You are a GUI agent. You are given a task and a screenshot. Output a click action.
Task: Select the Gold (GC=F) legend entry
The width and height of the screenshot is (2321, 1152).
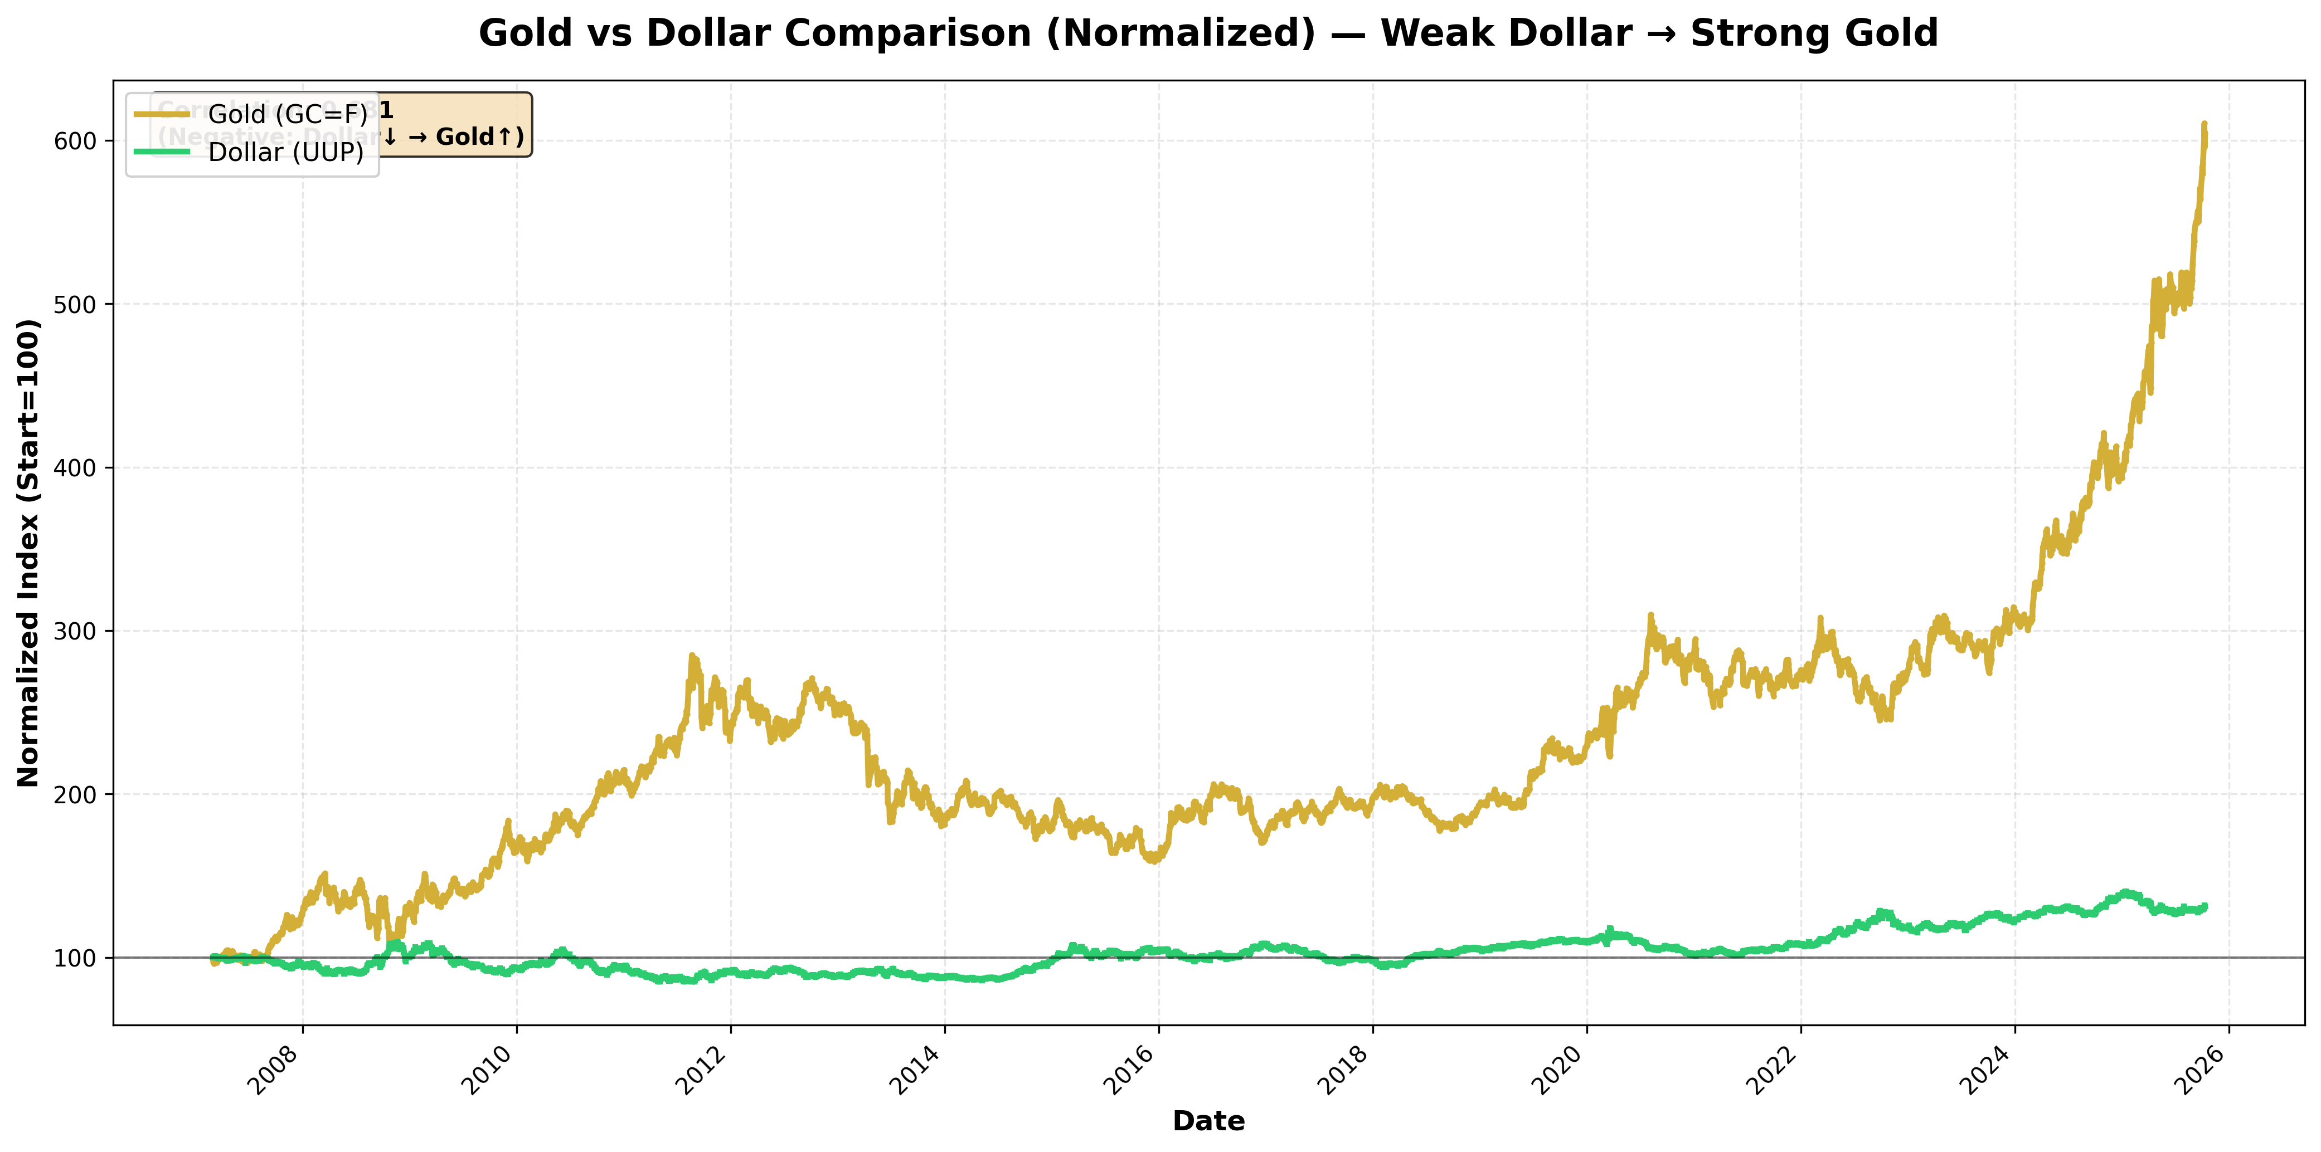click(287, 114)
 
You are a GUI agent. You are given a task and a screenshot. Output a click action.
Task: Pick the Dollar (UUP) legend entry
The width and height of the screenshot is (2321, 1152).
click(285, 152)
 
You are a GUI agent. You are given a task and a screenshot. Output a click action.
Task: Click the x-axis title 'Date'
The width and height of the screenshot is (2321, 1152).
click(1208, 1121)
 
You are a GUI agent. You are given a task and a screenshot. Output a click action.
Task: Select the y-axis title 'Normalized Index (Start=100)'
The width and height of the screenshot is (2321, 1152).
click(29, 552)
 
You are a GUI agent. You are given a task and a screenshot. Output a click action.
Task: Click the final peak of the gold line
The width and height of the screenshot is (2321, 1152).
click(2204, 124)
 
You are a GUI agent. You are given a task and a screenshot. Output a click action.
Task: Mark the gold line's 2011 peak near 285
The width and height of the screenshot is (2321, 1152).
click(692, 657)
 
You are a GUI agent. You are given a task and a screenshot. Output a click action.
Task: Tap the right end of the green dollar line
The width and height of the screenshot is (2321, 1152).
click(2205, 907)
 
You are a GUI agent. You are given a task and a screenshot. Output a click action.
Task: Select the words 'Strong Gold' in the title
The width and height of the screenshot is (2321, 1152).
click(1814, 34)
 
